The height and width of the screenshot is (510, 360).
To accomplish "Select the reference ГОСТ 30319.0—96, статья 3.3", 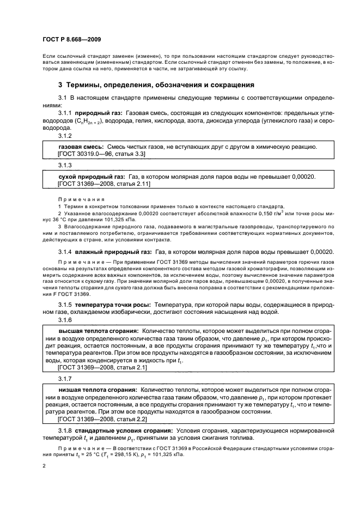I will [94, 155].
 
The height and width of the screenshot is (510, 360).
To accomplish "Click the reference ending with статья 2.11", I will [96, 185].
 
